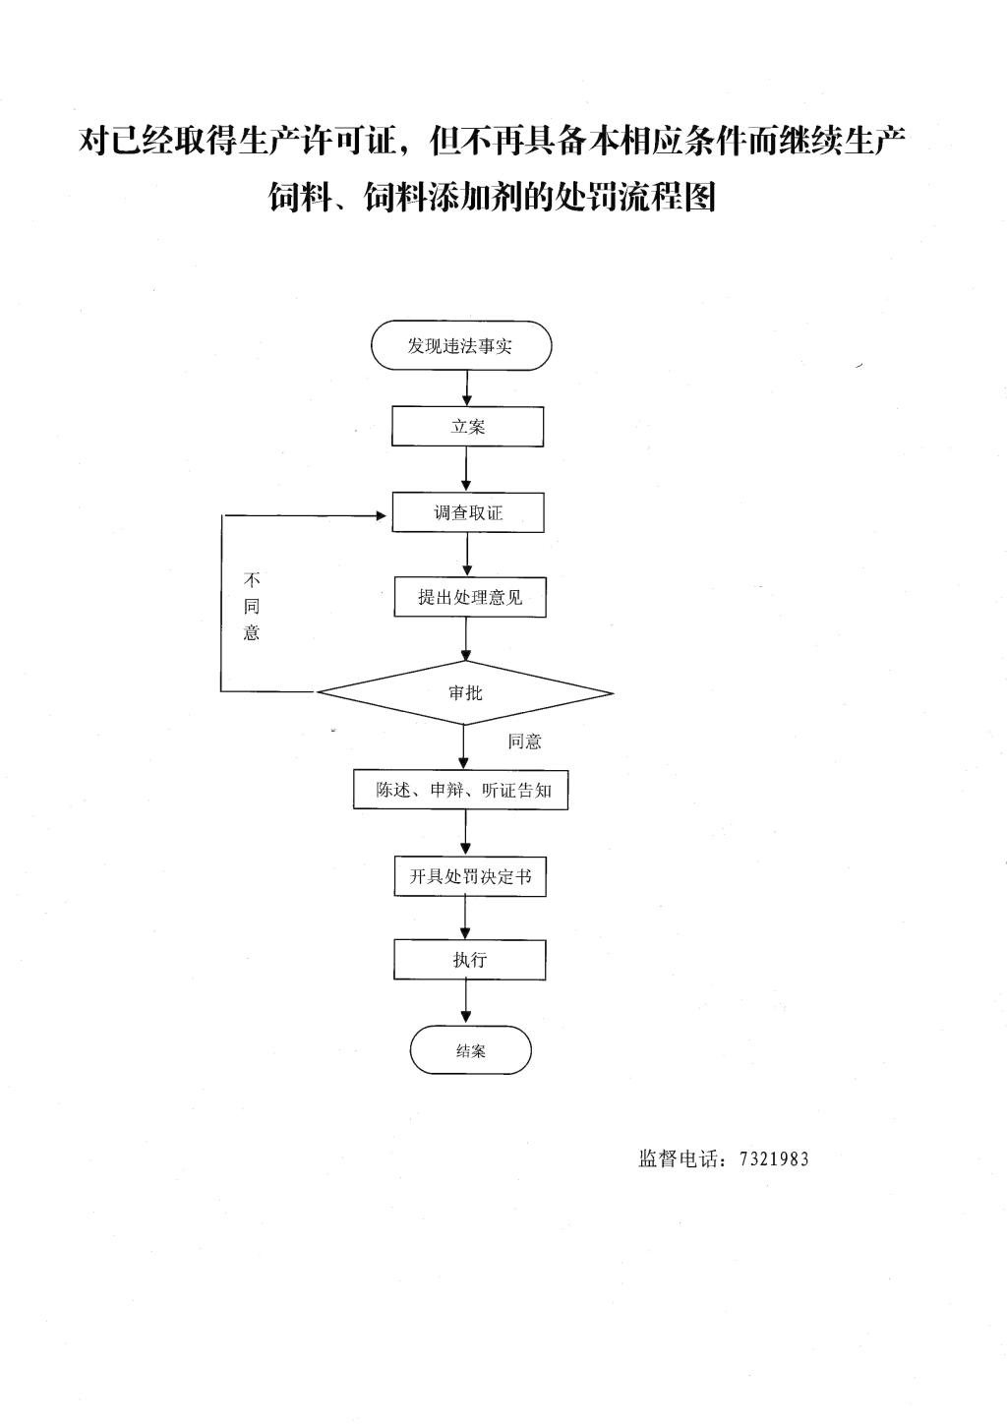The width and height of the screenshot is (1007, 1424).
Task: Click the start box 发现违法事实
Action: point(461,345)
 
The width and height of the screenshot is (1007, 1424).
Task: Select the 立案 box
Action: point(467,426)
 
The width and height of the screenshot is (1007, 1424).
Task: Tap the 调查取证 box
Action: point(468,512)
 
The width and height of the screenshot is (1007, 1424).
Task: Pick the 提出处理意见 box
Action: point(470,597)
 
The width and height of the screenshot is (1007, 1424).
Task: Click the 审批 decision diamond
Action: point(465,692)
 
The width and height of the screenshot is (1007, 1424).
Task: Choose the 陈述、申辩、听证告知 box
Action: point(461,790)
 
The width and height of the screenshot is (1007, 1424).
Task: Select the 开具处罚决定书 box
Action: point(470,876)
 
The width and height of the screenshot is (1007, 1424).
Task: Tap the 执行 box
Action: point(470,959)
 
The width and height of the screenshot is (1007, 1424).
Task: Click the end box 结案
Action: point(470,1050)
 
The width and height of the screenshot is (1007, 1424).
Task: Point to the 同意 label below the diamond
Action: point(524,742)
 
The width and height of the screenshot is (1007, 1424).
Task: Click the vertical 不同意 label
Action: point(252,607)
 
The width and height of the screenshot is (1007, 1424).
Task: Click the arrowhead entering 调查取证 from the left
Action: point(382,515)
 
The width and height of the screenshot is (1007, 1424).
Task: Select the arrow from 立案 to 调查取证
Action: point(467,469)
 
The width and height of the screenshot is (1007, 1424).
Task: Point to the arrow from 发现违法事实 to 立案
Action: point(467,388)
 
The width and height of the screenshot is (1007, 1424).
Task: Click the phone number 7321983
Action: point(774,1159)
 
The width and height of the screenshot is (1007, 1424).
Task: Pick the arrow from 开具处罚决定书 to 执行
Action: point(466,918)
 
